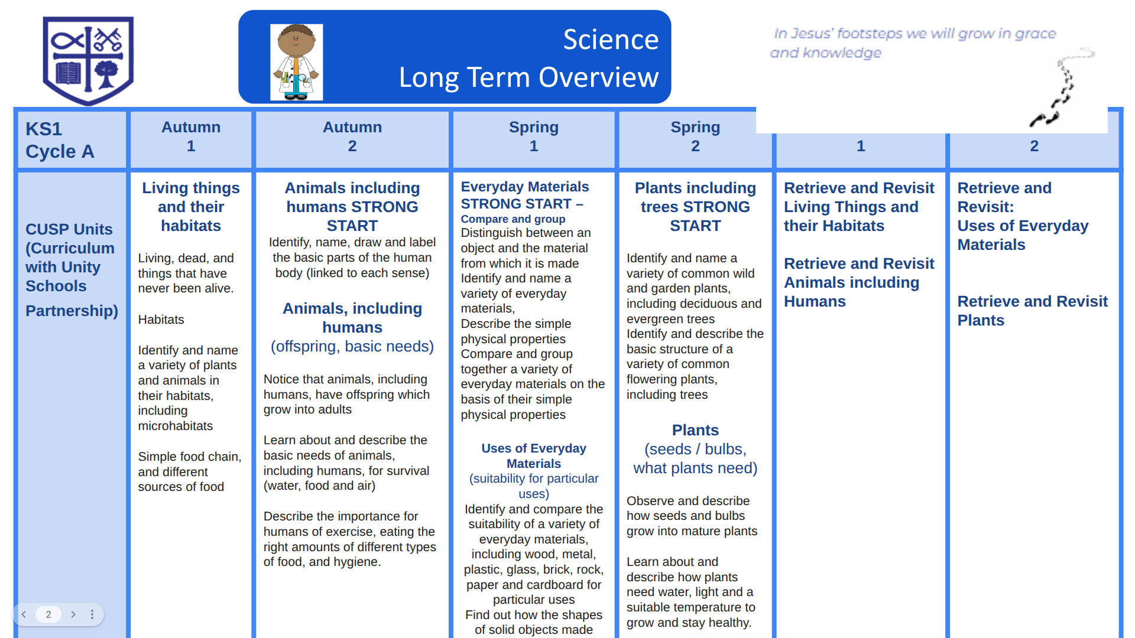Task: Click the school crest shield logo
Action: [x=88, y=60]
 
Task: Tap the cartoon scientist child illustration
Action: [x=297, y=62]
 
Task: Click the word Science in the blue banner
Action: [x=611, y=40]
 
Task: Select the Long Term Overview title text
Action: [x=528, y=77]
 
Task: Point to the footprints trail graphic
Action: [x=1062, y=87]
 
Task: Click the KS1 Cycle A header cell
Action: [x=60, y=140]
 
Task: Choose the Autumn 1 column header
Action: [x=191, y=136]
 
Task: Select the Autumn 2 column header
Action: [x=352, y=136]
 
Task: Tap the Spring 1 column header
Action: [x=534, y=136]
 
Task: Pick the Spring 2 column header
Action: [x=695, y=136]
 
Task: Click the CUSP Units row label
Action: [x=72, y=269]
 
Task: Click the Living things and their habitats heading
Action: [x=191, y=207]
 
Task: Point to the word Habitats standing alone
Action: [x=161, y=320]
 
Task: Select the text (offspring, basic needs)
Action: [x=352, y=346]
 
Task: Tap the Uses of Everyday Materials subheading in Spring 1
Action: [x=534, y=456]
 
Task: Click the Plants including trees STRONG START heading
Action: [x=695, y=207]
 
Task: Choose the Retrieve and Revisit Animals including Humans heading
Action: [x=859, y=282]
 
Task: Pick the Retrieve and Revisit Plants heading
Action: [x=1032, y=311]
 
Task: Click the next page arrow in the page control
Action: [x=73, y=614]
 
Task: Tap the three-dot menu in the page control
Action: [x=92, y=614]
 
